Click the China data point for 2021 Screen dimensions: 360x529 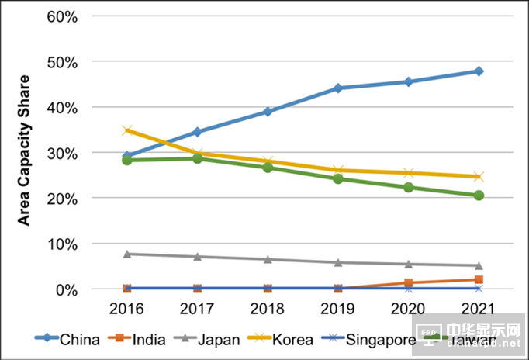479,71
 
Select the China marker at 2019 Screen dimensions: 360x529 338,88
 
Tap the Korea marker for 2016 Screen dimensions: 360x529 126,130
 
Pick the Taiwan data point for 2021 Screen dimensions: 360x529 479,196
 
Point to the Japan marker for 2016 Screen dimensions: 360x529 126,254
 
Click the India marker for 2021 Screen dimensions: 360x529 479,279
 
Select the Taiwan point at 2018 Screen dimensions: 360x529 268,168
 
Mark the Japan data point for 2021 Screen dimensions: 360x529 479,265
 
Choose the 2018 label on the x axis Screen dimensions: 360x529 268,309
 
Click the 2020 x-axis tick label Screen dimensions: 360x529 408,309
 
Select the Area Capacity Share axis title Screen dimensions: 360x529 24,151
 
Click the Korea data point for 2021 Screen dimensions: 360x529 479,177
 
